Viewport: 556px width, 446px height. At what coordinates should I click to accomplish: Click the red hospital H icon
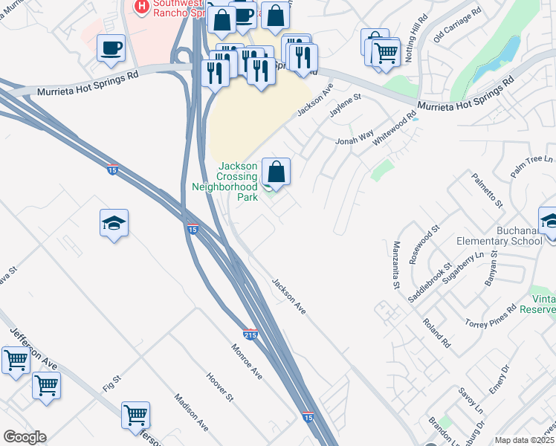coord(141,7)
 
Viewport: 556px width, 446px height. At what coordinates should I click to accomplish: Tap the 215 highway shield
coord(250,334)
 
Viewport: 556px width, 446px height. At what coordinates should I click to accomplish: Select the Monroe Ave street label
coord(246,362)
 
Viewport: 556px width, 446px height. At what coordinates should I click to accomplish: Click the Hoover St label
coord(220,387)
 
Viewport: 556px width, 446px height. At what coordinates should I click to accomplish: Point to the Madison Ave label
coord(191,413)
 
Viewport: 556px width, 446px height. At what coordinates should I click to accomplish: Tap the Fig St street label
coord(111,384)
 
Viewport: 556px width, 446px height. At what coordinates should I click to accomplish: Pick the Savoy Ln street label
coord(471,399)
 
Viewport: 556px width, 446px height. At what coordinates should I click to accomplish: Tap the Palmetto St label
coord(488,190)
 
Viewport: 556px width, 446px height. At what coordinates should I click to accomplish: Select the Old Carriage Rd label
coord(457,26)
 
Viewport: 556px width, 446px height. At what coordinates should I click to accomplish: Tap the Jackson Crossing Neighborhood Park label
coord(236,182)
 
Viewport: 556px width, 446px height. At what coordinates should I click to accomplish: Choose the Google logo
coord(25,437)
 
